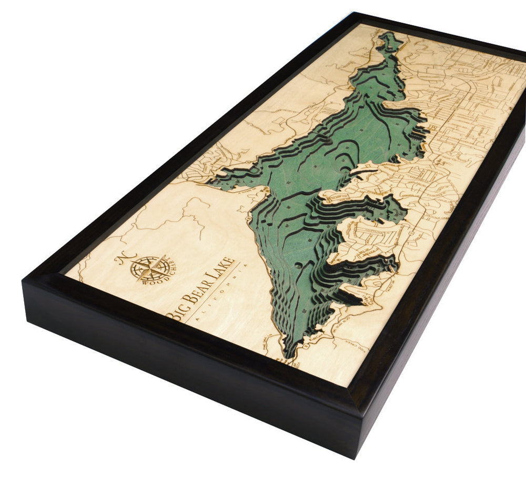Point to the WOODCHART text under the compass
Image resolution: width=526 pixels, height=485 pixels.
153,276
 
